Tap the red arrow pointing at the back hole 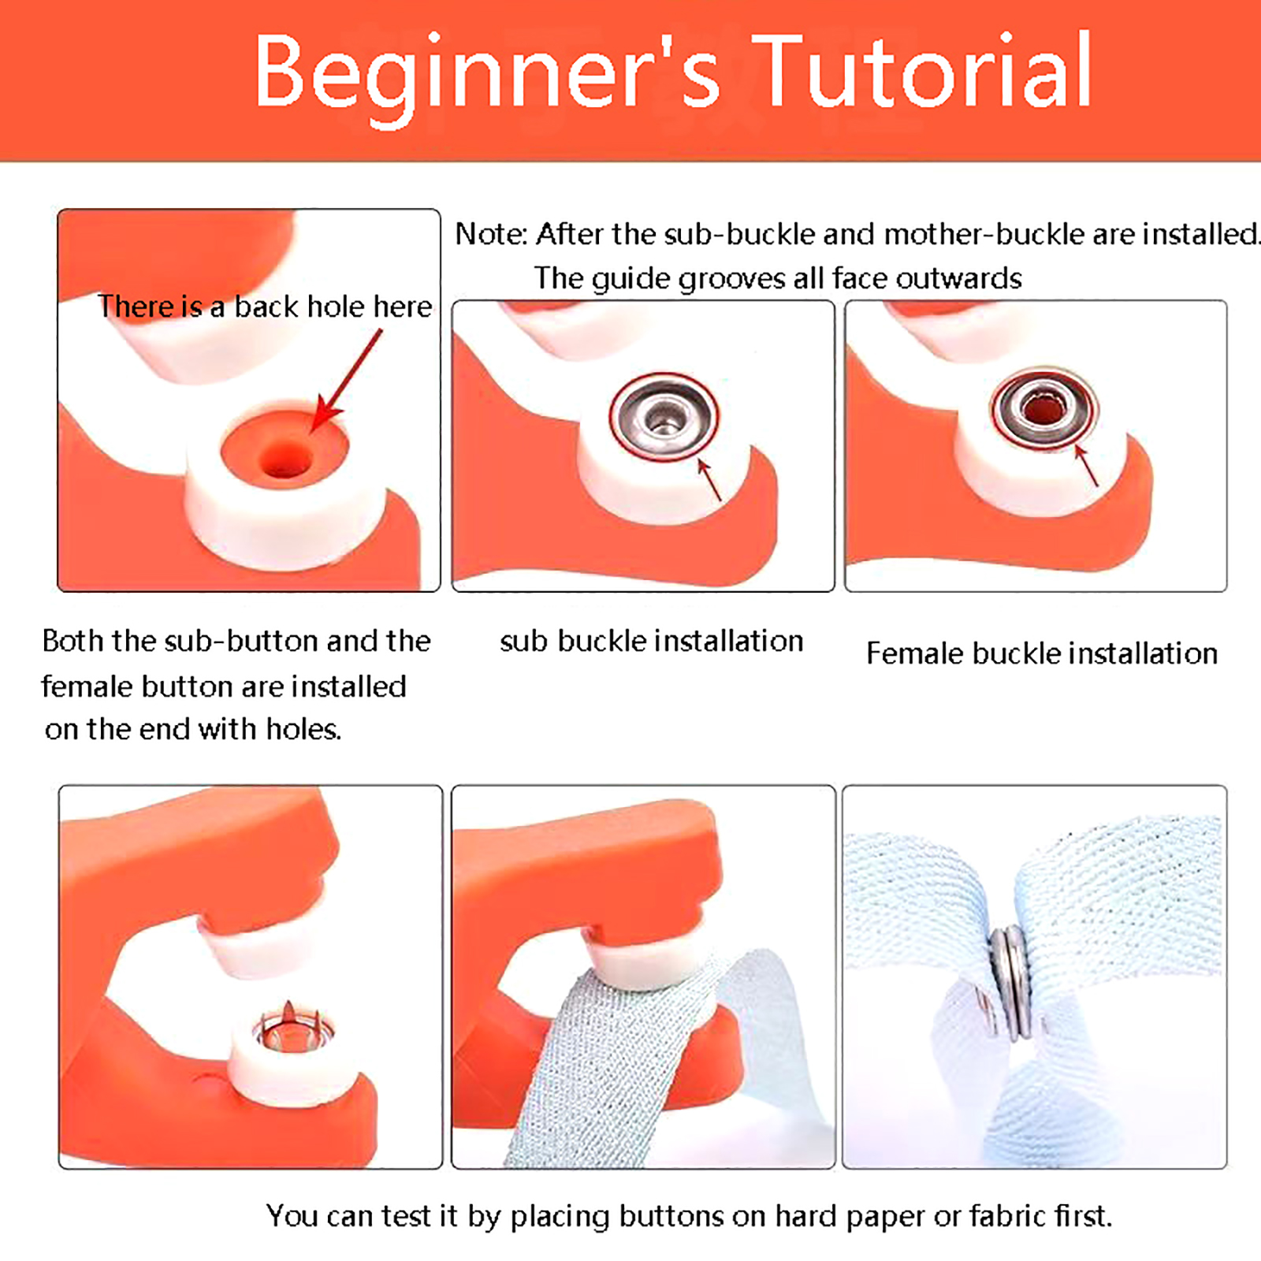[x=347, y=380]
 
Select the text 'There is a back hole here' [x=265, y=307]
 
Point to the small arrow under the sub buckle [x=709, y=478]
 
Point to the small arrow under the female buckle [x=1086, y=464]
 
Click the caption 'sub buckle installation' [x=652, y=642]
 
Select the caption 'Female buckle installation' [x=1042, y=653]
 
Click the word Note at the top [x=489, y=234]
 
